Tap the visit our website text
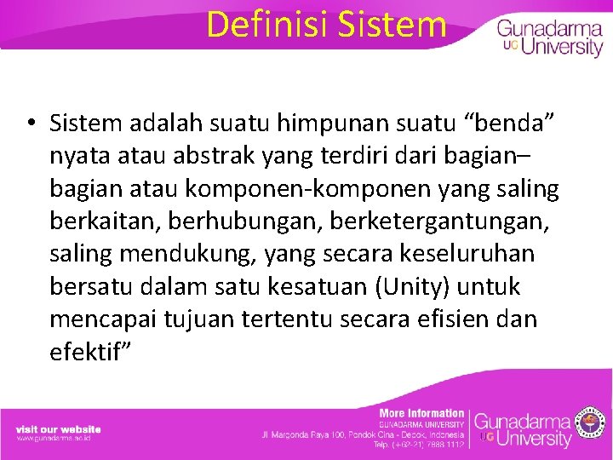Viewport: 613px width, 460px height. tap(58, 428)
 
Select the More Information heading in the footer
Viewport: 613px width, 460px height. tap(421, 413)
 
